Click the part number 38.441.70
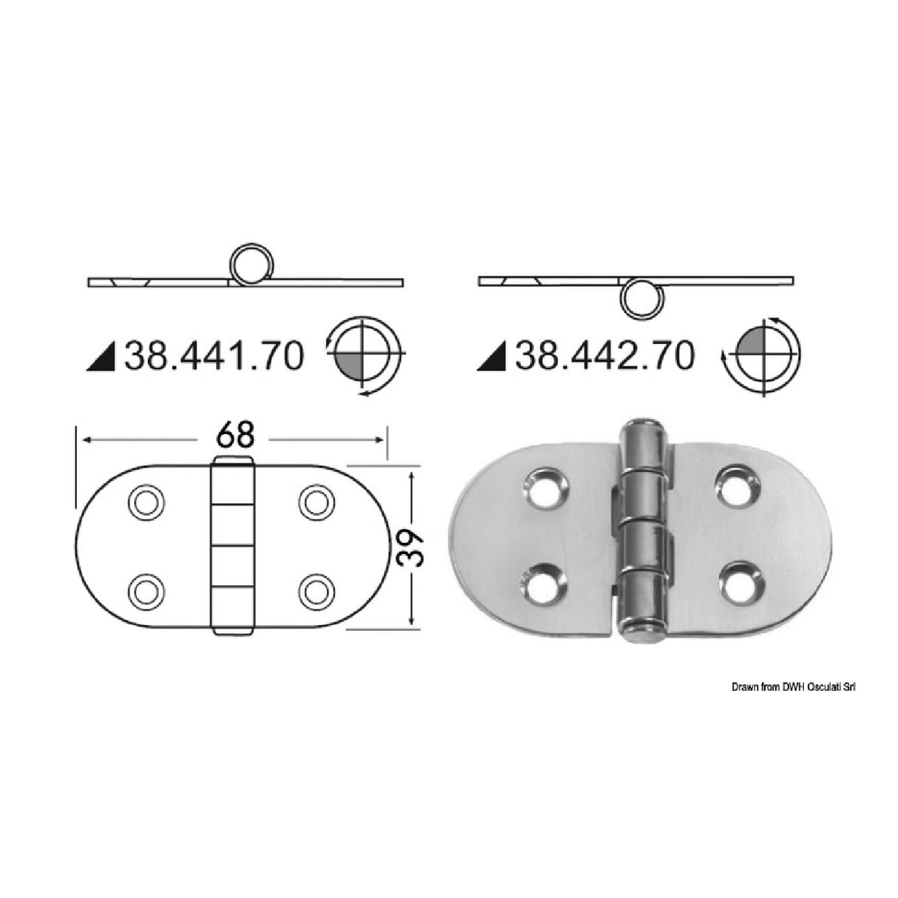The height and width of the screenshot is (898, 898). (215, 357)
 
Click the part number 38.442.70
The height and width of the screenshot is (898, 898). (606, 357)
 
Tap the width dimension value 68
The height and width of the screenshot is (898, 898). (235, 436)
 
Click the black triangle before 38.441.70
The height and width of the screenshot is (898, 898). (106, 359)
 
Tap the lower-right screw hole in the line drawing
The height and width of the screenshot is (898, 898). (315, 591)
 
